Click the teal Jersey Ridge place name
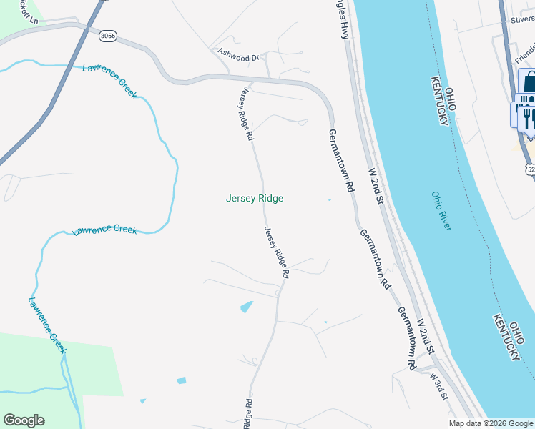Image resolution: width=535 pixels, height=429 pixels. coord(255,199)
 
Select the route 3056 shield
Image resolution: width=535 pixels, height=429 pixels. coord(108,34)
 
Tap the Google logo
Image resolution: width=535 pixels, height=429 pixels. coord(24,420)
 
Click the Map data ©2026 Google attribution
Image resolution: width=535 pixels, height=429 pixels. coord(490,423)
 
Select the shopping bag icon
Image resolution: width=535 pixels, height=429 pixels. coord(529,80)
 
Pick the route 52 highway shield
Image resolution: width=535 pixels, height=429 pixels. coord(530,169)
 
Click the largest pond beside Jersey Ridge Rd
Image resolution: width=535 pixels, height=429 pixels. coord(247,307)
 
